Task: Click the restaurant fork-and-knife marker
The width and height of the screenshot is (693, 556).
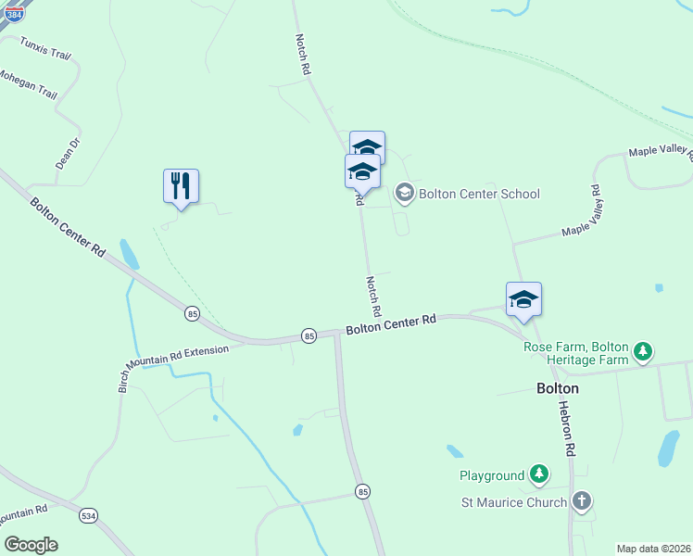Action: pos(181,186)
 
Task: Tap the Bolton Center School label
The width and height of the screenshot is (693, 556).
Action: pos(479,194)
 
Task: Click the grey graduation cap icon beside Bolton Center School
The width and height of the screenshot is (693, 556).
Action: pos(404,193)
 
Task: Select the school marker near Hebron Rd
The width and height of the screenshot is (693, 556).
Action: pos(523,299)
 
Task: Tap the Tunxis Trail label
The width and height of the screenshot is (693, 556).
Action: pos(45,48)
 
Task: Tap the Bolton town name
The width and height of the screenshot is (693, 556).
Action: pos(558,388)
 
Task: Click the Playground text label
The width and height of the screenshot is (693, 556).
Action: pos(492,475)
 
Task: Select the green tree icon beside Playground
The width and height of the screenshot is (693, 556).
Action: pos(538,475)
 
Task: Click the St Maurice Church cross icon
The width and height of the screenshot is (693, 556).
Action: pos(581,502)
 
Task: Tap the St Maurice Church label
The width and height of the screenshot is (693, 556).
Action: pos(514,502)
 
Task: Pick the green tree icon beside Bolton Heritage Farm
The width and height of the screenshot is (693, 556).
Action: pos(643,352)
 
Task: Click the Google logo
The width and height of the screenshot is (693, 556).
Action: pos(31,545)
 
